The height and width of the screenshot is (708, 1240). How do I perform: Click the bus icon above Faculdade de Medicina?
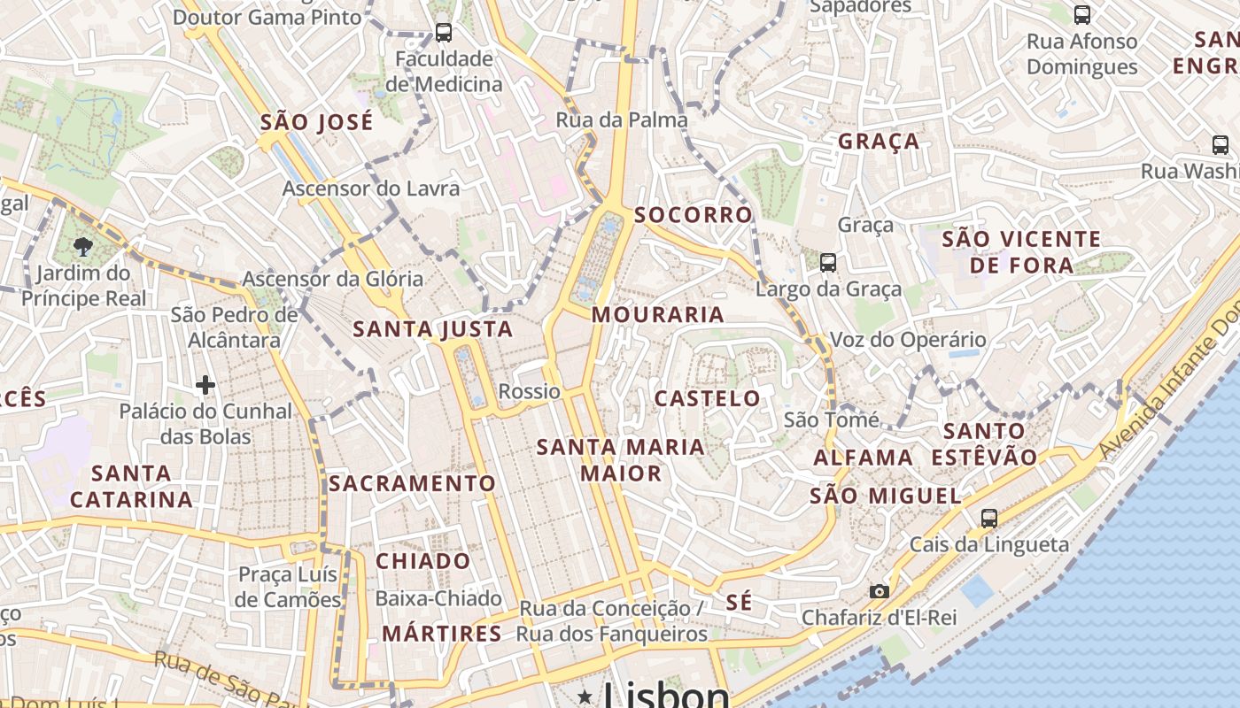click(444, 33)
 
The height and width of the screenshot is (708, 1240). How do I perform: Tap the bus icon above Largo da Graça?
click(828, 262)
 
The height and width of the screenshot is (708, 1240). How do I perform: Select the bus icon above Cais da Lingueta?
click(989, 519)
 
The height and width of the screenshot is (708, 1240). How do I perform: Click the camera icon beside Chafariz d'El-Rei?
click(879, 591)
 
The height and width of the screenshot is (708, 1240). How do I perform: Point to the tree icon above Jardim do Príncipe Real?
click(83, 246)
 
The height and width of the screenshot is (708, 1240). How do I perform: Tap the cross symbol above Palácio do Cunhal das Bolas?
click(205, 385)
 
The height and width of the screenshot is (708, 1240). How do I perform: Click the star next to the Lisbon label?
click(585, 697)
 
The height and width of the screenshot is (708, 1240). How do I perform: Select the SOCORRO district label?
click(693, 215)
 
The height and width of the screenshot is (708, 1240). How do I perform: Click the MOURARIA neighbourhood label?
click(658, 315)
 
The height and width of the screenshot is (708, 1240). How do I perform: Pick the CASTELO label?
click(707, 398)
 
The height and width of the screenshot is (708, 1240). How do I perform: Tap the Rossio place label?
click(530, 391)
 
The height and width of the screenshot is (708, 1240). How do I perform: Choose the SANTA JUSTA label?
click(433, 329)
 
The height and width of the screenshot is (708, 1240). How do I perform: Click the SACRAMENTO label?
click(412, 483)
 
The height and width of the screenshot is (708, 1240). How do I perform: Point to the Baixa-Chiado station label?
click(438, 598)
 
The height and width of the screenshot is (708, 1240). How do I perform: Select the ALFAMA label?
click(863, 458)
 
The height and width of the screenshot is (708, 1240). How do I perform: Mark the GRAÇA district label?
click(879, 142)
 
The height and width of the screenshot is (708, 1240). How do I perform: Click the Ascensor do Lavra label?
click(371, 189)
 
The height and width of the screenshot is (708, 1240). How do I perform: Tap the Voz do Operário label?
click(908, 340)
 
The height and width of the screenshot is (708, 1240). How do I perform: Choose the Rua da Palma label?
click(622, 119)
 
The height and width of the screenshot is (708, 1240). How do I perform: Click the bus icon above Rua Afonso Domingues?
click(1082, 14)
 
